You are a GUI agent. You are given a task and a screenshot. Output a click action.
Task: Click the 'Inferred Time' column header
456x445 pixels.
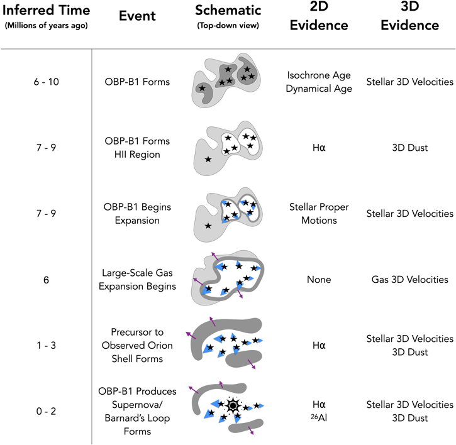(x=47, y=11)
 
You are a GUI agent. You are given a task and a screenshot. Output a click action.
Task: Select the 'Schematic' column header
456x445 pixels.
(x=228, y=11)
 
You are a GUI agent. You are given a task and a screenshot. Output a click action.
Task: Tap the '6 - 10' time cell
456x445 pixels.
(x=47, y=82)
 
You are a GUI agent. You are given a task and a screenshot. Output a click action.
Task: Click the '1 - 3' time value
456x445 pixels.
(x=47, y=345)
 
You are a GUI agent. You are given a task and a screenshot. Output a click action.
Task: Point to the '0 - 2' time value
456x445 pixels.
(x=47, y=411)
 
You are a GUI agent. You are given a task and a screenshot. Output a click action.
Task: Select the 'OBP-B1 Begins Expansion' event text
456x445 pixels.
(x=137, y=214)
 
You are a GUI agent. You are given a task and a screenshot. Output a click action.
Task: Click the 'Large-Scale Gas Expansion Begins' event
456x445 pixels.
(x=137, y=280)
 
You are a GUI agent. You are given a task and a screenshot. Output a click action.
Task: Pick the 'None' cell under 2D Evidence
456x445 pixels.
(x=319, y=280)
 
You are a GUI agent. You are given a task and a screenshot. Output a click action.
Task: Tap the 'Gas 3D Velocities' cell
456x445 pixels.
(x=409, y=280)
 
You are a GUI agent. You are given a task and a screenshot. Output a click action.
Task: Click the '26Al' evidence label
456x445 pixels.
(x=319, y=418)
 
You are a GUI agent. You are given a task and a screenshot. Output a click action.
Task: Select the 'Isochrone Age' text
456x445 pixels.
(x=319, y=75)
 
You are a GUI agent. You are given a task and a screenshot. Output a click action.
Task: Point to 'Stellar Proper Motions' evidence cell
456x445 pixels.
(x=319, y=214)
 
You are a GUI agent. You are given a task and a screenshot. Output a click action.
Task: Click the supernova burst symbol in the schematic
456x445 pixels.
(x=232, y=406)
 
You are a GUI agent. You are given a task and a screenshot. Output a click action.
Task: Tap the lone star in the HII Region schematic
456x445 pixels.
(x=208, y=159)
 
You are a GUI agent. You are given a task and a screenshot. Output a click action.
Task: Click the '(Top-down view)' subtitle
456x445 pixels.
(x=228, y=26)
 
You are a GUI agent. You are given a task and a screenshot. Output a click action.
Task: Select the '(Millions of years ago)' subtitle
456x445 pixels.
(x=47, y=26)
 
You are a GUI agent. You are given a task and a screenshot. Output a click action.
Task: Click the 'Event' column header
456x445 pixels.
(x=137, y=16)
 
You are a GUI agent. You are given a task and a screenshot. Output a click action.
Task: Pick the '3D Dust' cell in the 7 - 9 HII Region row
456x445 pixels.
(x=409, y=148)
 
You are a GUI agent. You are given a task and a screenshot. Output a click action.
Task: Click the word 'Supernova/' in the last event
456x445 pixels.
(x=137, y=405)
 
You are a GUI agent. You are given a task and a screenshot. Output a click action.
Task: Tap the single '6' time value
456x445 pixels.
(x=47, y=280)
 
